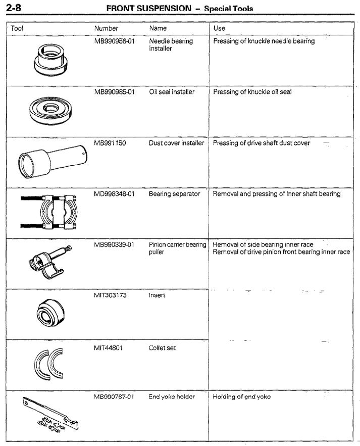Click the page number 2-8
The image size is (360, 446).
click(x=12, y=8)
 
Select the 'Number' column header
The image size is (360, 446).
click(x=106, y=29)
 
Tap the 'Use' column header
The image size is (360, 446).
click(x=219, y=29)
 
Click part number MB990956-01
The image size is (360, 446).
click(x=114, y=41)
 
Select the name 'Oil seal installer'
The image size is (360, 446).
click(x=172, y=92)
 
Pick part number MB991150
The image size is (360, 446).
click(x=110, y=143)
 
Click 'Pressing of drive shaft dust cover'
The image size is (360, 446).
click(x=262, y=143)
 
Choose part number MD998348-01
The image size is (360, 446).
click(x=114, y=194)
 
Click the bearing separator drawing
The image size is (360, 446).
click(x=49, y=212)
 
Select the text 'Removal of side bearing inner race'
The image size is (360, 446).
click(x=263, y=244)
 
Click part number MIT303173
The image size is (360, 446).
click(x=110, y=295)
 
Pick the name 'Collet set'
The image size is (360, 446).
click(x=162, y=348)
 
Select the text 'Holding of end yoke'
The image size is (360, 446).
click(x=241, y=397)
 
